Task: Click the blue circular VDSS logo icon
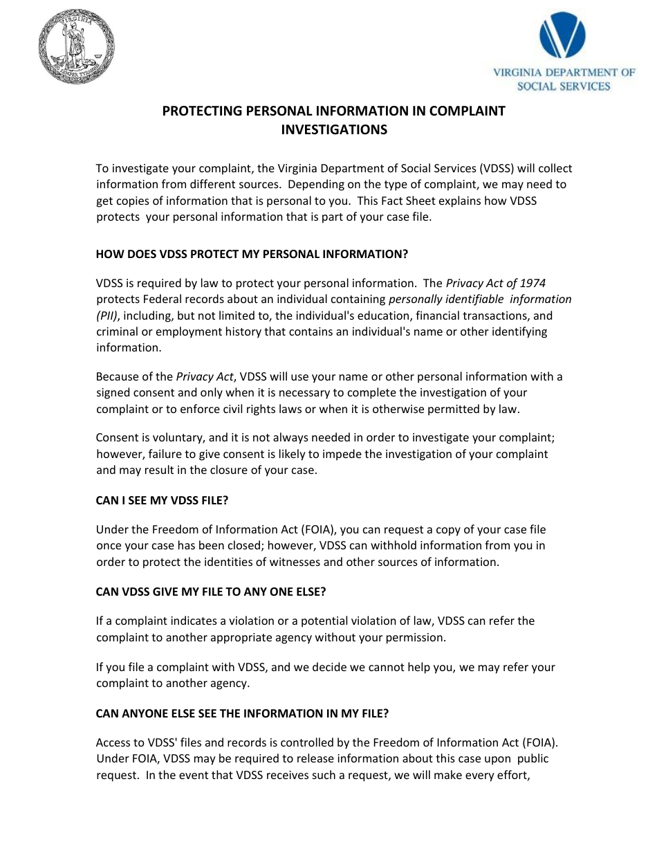(562, 37)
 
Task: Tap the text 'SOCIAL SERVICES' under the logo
(564, 86)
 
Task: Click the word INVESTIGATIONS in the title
(333, 129)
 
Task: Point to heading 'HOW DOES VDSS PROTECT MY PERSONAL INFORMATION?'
(252, 254)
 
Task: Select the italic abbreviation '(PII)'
(107, 315)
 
